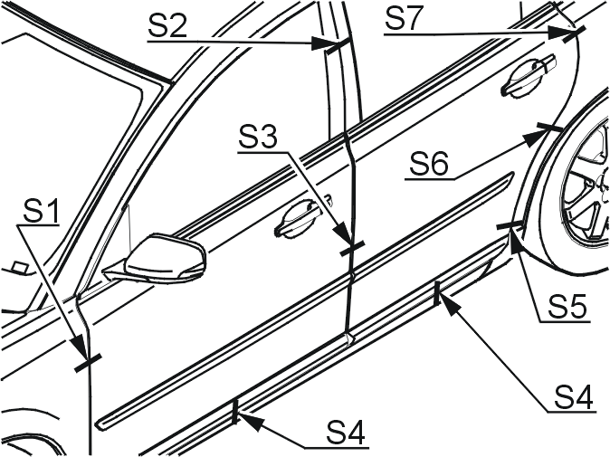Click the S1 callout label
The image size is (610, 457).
pyautogui.click(x=41, y=211)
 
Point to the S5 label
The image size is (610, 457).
pyautogui.click(x=567, y=306)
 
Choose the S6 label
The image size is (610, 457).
pyautogui.click(x=429, y=164)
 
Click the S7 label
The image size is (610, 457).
pyautogui.click(x=404, y=19)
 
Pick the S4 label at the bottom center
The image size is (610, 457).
pyautogui.click(x=347, y=432)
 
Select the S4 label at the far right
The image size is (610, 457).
pyautogui.click(x=574, y=396)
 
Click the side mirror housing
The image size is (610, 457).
pyautogui.click(x=167, y=258)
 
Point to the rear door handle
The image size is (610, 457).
pyautogui.click(x=529, y=75)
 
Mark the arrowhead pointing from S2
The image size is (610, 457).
pyautogui.click(x=322, y=43)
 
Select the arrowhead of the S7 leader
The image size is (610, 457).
pyautogui.click(x=561, y=33)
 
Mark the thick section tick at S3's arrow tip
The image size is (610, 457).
pyautogui.click(x=352, y=248)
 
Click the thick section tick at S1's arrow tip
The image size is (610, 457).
pyautogui.click(x=88, y=363)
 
